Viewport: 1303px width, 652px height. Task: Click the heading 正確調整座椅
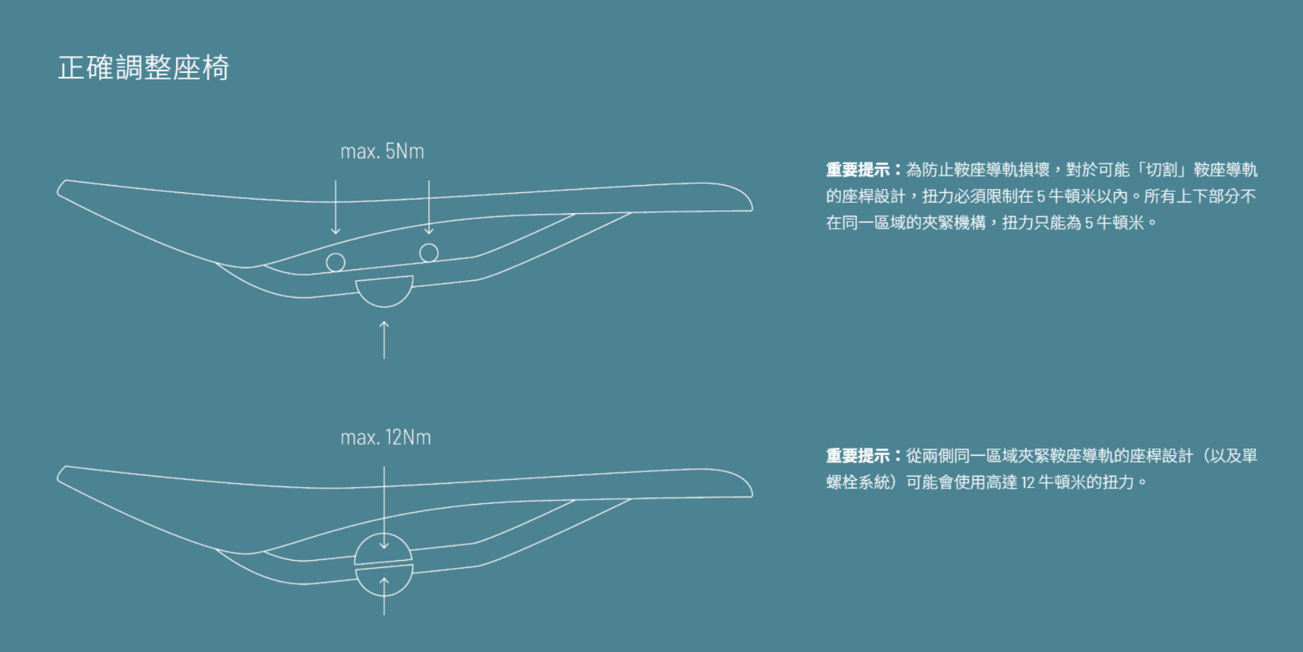click(x=143, y=68)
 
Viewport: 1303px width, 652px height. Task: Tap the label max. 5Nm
click(x=382, y=152)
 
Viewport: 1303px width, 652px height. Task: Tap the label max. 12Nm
click(x=386, y=437)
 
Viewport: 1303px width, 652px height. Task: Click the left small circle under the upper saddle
click(x=336, y=262)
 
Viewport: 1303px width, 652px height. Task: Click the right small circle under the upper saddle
click(x=429, y=253)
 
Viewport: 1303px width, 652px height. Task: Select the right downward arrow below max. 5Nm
click(x=429, y=207)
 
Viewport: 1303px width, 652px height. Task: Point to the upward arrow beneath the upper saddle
click(x=384, y=339)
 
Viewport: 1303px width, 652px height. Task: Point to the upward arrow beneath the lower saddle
click(x=384, y=597)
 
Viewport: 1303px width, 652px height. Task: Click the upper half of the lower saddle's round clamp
click(x=384, y=550)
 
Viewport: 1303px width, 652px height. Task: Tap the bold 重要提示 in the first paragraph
click(x=858, y=170)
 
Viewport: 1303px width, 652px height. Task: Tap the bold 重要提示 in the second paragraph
click(x=858, y=456)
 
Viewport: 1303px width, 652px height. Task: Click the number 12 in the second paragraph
click(x=1027, y=482)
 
